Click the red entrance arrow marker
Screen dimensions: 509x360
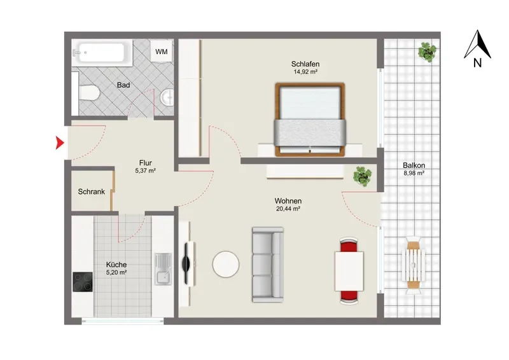coord(59,143)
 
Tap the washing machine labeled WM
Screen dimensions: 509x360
coord(162,52)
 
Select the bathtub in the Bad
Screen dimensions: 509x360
coord(102,53)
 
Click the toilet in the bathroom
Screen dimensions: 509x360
coord(88,93)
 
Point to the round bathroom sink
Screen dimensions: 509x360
coord(167,97)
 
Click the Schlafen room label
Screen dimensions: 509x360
coord(305,64)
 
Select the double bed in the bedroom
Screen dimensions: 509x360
coord(310,119)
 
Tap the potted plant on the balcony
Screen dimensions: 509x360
coord(427,52)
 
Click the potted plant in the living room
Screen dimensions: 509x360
coord(362,176)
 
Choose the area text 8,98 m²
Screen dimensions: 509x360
coord(414,173)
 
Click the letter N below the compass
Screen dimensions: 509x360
coord(477,63)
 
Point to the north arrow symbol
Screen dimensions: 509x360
coord(477,44)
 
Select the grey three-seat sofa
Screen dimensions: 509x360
coord(268,265)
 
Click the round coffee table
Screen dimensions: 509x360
coord(226,264)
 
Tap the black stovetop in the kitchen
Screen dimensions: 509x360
coord(83,282)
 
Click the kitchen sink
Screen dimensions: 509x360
coord(163,269)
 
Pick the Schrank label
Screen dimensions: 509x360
coord(91,191)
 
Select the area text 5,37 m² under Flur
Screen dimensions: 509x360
coord(146,170)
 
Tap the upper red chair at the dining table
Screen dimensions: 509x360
coord(349,245)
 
